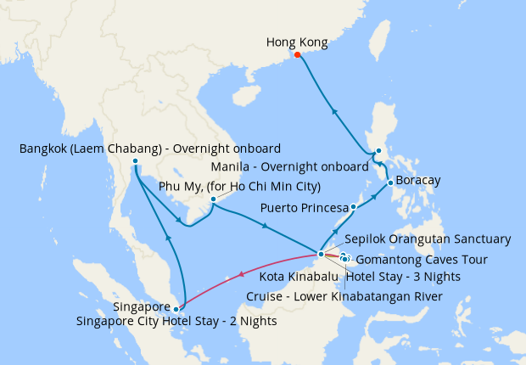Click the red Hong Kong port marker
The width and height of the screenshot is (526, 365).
297,56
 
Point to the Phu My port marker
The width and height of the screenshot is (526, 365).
212,200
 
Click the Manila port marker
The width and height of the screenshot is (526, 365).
378,153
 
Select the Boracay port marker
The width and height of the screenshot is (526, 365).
389,182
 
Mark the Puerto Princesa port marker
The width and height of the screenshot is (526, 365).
353,206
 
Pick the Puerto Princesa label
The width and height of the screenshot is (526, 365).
305,207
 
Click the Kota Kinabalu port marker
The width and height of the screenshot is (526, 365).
320,254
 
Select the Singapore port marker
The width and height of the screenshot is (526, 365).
176,309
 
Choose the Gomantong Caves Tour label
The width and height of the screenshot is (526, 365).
422,260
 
